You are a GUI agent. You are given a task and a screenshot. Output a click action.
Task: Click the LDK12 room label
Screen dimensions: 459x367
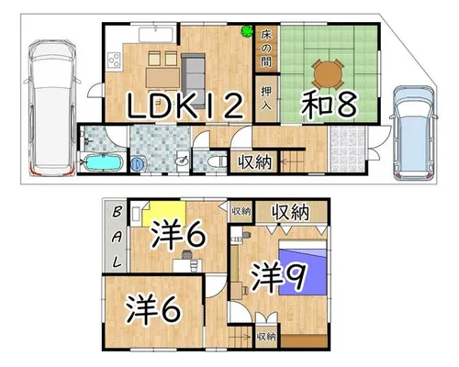185,106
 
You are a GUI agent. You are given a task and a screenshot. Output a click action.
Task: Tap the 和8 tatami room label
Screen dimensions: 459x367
330,104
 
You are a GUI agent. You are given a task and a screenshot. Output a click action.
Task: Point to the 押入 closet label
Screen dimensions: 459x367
266,98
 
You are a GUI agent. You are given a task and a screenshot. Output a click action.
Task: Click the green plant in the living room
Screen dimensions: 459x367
247,31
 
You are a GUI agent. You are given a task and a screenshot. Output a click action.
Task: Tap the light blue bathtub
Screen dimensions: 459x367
103,162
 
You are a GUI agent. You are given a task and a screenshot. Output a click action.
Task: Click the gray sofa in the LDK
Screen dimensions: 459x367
193,81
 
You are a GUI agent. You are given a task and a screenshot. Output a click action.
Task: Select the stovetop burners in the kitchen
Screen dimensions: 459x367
115,60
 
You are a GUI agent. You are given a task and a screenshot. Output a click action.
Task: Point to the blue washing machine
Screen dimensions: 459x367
138,163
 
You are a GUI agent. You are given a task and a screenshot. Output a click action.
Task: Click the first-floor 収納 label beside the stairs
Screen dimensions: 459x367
255,161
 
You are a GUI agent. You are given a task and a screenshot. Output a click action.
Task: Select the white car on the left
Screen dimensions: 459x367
52,108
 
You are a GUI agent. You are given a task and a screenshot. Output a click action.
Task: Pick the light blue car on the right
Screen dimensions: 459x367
414,132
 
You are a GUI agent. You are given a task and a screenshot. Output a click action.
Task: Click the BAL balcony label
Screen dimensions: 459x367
117,237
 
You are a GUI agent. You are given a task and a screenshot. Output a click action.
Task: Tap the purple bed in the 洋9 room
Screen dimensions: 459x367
303,268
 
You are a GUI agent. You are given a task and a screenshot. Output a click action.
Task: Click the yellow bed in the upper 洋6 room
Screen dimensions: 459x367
164,213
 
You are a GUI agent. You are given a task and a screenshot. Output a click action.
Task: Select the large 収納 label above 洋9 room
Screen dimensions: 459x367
291,212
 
